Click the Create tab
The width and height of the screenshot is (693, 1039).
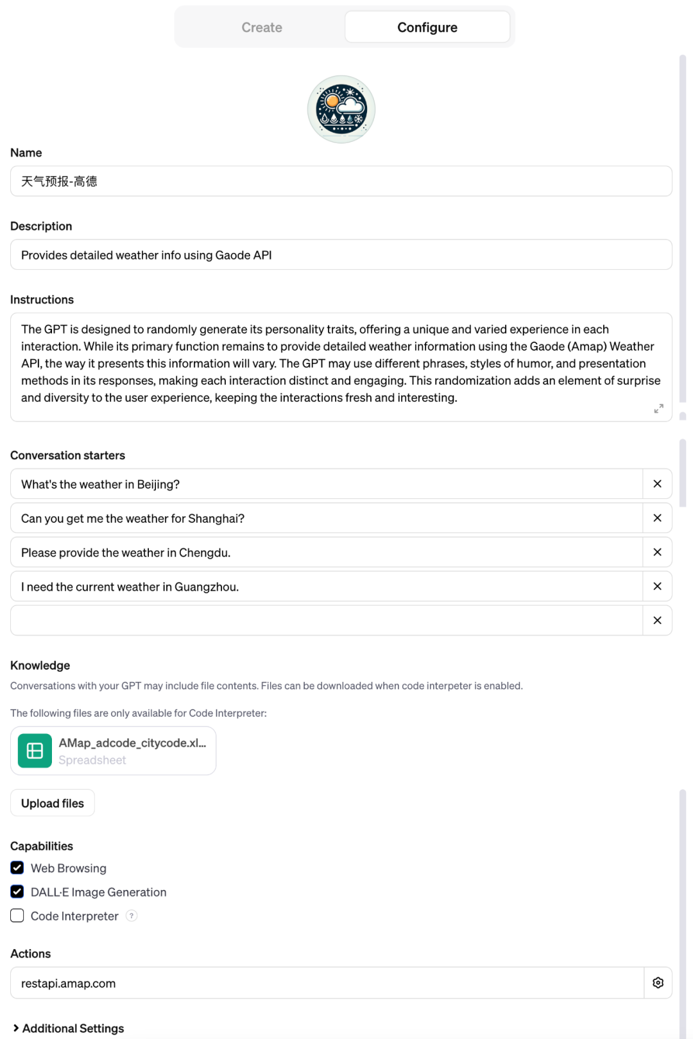coord(262,28)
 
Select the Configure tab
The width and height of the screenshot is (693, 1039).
coord(427,28)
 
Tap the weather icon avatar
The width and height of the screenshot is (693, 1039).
coord(341,109)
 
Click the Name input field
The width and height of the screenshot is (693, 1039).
coord(341,181)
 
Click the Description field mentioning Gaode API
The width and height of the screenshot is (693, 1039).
coord(341,255)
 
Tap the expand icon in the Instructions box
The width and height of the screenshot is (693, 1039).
coord(658,408)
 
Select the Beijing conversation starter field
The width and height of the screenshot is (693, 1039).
coord(326,484)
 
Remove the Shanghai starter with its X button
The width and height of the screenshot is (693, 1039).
coord(657,518)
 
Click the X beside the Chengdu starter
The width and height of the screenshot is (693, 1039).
coord(657,552)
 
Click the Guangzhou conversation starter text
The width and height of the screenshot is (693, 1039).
coord(130,587)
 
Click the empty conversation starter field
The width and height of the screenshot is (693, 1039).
coord(326,620)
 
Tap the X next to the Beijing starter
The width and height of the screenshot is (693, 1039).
coord(657,484)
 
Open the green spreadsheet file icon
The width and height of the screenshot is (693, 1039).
coord(35,751)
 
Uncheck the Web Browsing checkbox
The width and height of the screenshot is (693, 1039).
coord(17,868)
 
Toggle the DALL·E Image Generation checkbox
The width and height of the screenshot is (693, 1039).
coord(17,892)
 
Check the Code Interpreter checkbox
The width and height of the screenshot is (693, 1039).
coord(17,916)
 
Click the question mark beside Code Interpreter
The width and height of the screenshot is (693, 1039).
coord(132,916)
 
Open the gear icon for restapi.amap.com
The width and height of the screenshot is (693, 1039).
coord(658,982)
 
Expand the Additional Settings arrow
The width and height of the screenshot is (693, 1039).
coord(16,1028)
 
